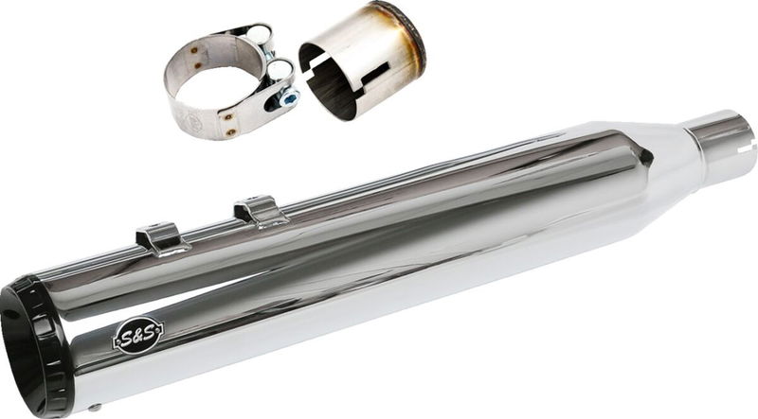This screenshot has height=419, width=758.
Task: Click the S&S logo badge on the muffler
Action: tap(138, 334)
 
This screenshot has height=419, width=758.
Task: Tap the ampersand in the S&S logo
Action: tap(138, 334)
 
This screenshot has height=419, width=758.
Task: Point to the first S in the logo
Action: tap(127, 337)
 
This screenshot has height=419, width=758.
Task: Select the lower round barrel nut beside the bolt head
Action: tap(278, 71)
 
